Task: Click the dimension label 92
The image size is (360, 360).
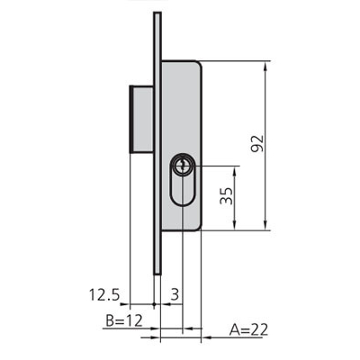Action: (257, 144)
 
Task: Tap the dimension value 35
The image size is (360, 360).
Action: (226, 196)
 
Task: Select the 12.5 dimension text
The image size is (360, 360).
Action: (104, 294)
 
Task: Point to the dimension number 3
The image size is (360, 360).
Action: (175, 294)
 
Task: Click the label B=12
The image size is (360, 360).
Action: (124, 321)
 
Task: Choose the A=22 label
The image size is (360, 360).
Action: (248, 329)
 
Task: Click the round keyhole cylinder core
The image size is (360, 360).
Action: (182, 166)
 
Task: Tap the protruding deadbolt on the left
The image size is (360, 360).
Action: (141, 119)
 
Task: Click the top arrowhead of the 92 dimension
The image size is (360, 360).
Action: (265, 67)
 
